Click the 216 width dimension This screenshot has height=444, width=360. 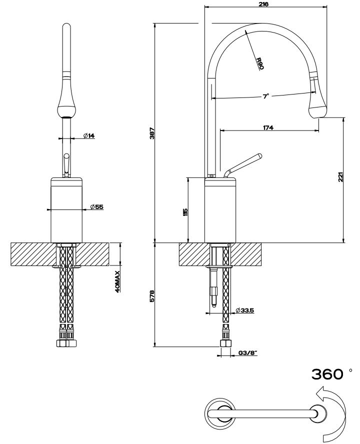click(264, 4)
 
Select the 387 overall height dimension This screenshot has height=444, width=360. click(152, 133)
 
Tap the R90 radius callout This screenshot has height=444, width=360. click(259, 63)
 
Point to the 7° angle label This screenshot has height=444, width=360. click(266, 96)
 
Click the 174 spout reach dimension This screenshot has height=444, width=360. click(267, 128)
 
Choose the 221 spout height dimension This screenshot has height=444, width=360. click(340, 177)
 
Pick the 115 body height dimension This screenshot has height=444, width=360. click(185, 211)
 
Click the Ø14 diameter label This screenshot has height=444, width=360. click(89, 135)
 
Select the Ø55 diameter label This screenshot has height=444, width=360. click(96, 206)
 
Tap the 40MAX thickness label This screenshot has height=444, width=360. click(117, 281)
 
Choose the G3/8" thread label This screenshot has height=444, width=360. click(247, 353)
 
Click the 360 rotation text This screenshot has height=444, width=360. click(327, 374)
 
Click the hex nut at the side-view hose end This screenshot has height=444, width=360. click(225, 344)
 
